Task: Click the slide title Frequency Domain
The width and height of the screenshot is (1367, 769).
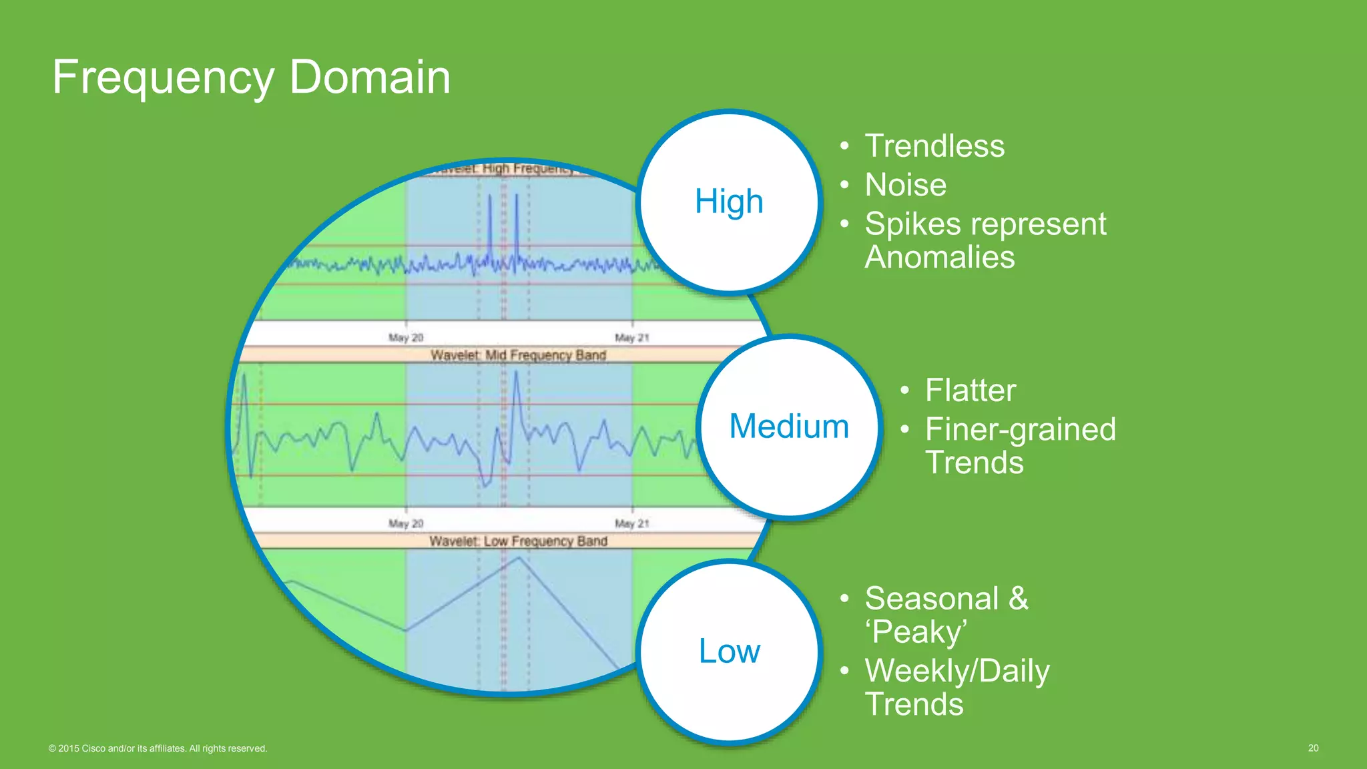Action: tap(251, 77)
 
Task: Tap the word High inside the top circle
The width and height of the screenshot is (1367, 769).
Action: tap(728, 201)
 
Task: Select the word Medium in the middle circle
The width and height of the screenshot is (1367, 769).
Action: tap(789, 426)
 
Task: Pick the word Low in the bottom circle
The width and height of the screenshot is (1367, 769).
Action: tap(729, 651)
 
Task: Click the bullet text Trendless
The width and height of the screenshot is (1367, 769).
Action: tap(934, 146)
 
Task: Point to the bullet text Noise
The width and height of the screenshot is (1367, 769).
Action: tap(905, 185)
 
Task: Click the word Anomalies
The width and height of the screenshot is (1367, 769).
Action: tap(939, 258)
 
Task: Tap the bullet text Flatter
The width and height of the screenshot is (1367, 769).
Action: tap(970, 391)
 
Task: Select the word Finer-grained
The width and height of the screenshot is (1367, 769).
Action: tap(1020, 429)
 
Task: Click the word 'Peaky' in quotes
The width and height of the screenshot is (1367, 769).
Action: tap(916, 632)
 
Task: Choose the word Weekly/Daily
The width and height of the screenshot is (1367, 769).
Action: tap(956, 671)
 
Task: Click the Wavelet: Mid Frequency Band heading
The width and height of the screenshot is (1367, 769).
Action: tap(518, 355)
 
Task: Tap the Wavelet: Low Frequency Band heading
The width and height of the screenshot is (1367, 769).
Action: tap(518, 541)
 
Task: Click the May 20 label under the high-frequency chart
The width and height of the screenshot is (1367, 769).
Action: tap(406, 338)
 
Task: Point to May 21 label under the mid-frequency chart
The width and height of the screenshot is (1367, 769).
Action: tap(631, 523)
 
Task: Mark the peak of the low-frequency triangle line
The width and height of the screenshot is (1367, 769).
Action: tap(519, 558)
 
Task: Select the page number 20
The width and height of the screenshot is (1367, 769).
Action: tap(1313, 748)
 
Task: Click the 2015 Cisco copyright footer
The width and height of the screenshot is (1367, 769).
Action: tap(158, 748)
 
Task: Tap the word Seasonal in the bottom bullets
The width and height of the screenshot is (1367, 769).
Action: tap(931, 599)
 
